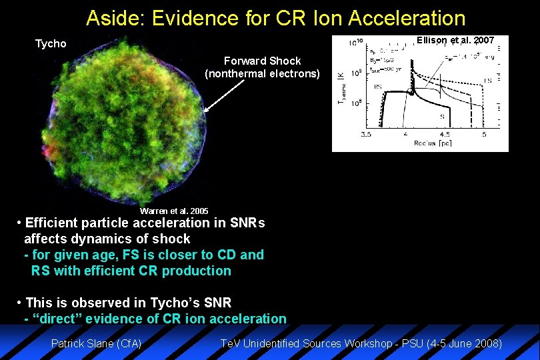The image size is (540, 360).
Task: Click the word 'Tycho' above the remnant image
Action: pyautogui.click(x=51, y=44)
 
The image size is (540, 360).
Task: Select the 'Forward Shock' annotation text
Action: pyautogui.click(x=262, y=61)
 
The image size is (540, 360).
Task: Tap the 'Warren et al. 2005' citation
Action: pyautogui.click(x=174, y=211)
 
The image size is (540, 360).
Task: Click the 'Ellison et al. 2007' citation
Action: pyautogui.click(x=455, y=41)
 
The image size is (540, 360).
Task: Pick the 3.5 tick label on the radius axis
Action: pyautogui.click(x=366, y=134)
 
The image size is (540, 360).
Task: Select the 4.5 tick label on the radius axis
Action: pyautogui.click(x=445, y=134)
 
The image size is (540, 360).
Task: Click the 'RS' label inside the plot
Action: pyautogui.click(x=377, y=87)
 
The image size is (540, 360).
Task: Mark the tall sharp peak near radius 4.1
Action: pyautogui.click(x=411, y=63)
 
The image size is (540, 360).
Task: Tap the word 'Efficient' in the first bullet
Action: pyautogui.click(x=53, y=223)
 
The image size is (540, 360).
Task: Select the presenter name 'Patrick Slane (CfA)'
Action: pyautogui.click(x=96, y=344)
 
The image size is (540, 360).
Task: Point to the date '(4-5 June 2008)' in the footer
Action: pyautogui.click(x=463, y=344)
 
